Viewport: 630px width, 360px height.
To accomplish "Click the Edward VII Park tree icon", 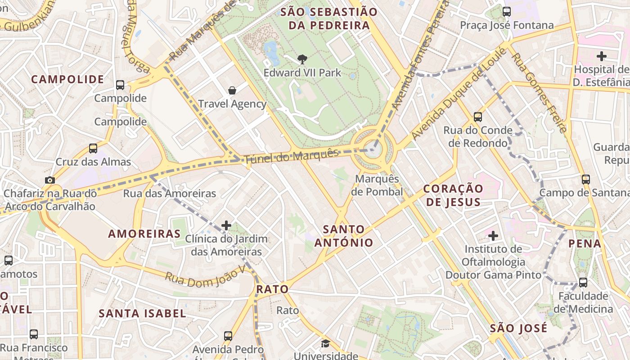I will point(302,59).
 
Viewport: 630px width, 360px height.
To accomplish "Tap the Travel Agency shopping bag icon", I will point(232,90).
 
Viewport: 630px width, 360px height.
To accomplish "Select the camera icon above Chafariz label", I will point(50,180).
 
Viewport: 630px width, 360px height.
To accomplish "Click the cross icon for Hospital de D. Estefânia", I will point(601,56).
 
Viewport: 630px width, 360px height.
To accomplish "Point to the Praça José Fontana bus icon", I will point(507,12).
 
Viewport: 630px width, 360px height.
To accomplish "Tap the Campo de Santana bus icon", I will point(586,179).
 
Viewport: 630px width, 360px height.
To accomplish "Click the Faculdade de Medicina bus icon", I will point(583,283).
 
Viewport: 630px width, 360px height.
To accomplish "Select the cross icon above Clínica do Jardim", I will point(226,225).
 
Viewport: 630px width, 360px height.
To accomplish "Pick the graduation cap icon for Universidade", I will point(325,344).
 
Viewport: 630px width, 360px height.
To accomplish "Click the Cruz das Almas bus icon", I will point(93,148).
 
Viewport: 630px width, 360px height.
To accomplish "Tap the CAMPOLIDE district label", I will point(67,80).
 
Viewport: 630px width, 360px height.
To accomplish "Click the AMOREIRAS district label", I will point(144,234).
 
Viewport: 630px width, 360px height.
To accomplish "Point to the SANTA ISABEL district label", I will point(142,313).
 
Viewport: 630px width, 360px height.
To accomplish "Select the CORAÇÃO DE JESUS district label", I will point(454,195).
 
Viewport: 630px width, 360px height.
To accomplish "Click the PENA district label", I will point(585,243).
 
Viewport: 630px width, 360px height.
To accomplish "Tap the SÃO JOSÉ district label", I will point(518,328).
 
